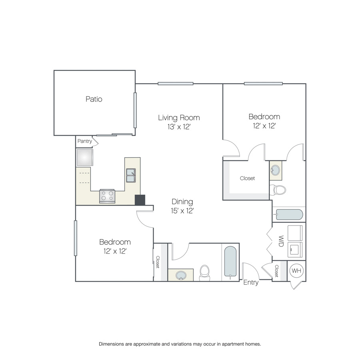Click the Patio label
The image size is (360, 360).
(x=94, y=99)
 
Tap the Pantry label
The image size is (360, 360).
(x=84, y=141)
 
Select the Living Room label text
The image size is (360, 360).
(x=179, y=118)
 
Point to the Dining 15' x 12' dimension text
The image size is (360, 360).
(x=182, y=211)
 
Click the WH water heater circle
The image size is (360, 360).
(x=296, y=271)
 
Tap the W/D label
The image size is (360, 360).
(x=281, y=241)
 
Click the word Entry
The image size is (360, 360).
(x=251, y=282)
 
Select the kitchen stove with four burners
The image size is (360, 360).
(x=107, y=196)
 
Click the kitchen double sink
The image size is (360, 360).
(x=131, y=176)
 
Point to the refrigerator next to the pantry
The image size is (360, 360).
(x=85, y=158)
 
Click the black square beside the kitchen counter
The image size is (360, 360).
(x=140, y=200)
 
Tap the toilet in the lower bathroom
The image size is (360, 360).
(x=204, y=273)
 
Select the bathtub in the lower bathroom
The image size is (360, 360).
(x=230, y=262)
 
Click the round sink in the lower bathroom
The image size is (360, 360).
(x=181, y=275)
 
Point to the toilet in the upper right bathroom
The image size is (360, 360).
(x=278, y=190)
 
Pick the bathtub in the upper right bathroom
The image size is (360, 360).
(x=289, y=215)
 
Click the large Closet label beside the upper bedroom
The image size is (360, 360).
(x=247, y=178)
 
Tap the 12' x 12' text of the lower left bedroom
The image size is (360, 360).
(x=115, y=251)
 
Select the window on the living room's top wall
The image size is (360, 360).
(x=176, y=84)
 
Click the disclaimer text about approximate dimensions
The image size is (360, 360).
(x=180, y=344)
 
